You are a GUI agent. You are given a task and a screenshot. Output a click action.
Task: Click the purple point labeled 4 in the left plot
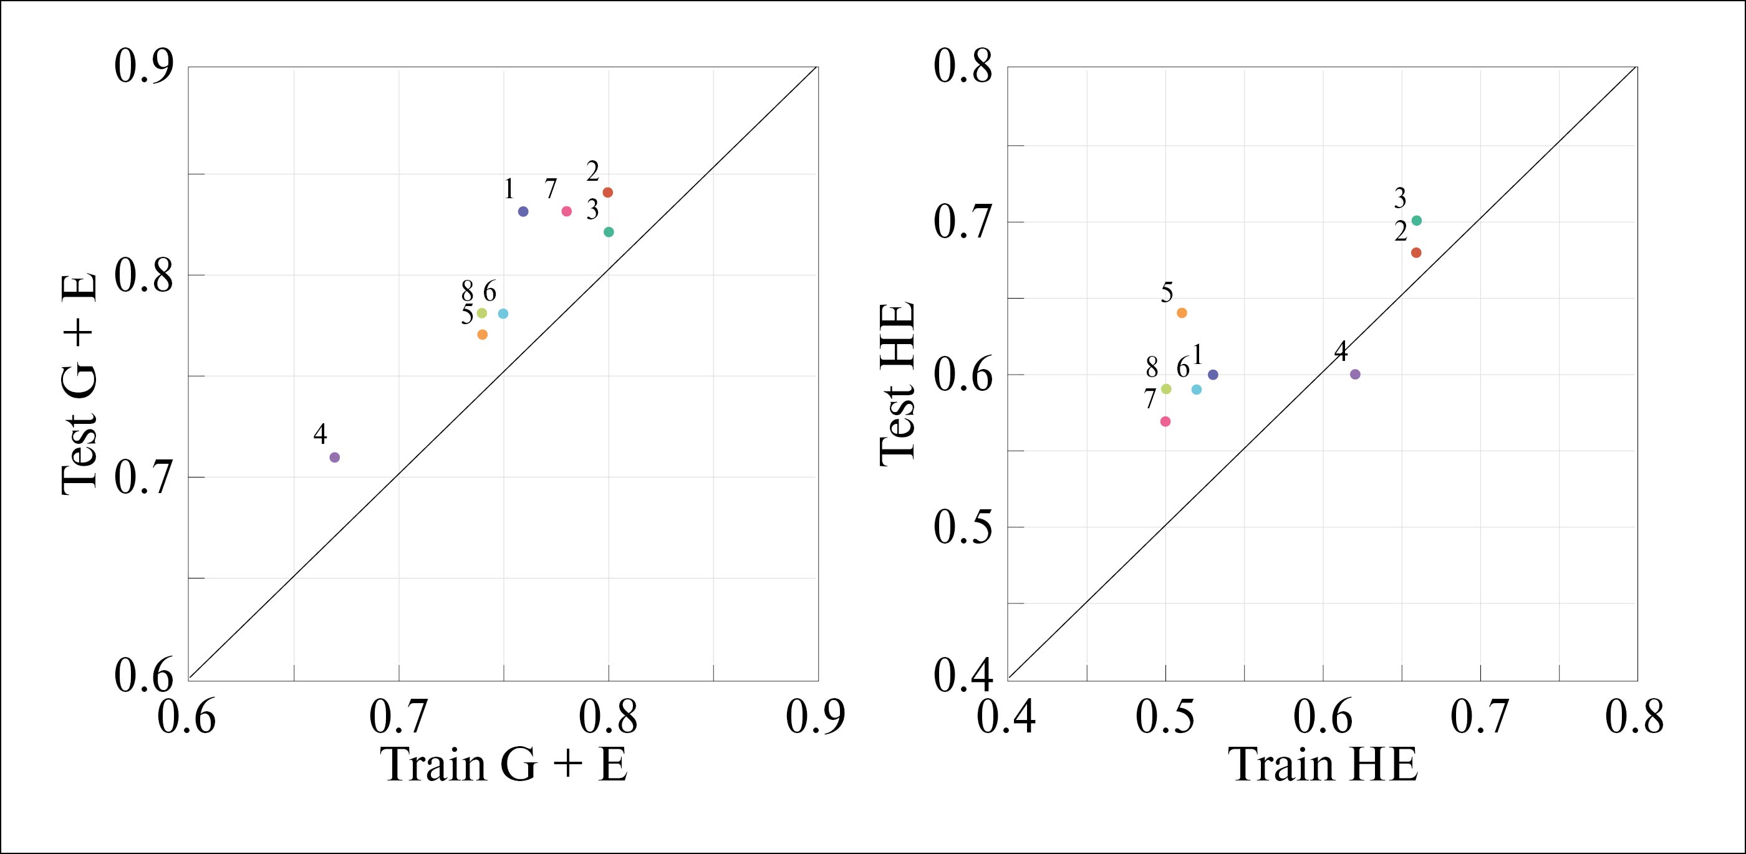point(334,458)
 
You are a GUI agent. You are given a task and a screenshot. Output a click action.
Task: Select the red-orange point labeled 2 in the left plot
point(608,193)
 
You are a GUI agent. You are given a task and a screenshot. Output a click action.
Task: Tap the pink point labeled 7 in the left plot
point(567,211)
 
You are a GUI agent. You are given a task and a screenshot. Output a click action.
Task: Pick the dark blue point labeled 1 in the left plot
point(523,211)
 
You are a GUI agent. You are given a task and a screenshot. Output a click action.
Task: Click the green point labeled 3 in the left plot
point(609,232)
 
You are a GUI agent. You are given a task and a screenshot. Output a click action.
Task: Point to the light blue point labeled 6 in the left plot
point(503,314)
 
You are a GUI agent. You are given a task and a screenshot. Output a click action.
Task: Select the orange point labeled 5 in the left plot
point(483,334)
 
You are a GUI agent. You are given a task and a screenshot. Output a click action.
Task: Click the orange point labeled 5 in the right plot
point(1182,313)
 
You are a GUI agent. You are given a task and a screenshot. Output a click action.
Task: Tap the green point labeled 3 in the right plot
point(1417,220)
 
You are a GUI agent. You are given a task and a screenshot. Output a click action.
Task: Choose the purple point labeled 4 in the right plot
point(1356,374)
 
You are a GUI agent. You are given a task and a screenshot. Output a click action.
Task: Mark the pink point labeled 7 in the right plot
point(1166,421)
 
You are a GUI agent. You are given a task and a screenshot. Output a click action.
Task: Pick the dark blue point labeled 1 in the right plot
point(1213,375)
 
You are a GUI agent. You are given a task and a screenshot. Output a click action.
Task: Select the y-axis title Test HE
point(898,384)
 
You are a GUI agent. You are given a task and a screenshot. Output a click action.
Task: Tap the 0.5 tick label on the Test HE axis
point(962,527)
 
